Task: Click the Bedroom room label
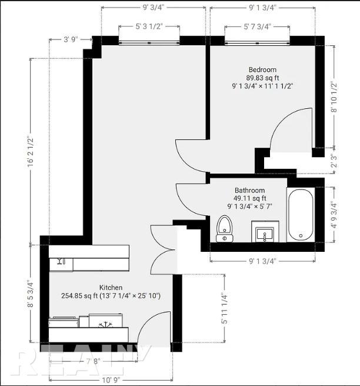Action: [x=262, y=69]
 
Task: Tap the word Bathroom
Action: [x=250, y=190]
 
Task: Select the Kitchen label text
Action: [x=111, y=287]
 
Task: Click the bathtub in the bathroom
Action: [x=301, y=215]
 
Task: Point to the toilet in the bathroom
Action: [x=225, y=229]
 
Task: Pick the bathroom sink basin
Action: [x=265, y=234]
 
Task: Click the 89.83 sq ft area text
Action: [x=262, y=78]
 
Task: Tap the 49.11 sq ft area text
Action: [x=250, y=198]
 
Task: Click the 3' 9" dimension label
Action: [x=71, y=39]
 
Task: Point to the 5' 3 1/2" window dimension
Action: [x=149, y=26]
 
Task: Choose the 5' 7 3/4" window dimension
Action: [x=257, y=26]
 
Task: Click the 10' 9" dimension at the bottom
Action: [x=111, y=380]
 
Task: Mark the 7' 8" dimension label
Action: [x=94, y=361]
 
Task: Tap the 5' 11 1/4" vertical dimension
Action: [x=225, y=308]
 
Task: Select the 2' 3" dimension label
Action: [x=334, y=161]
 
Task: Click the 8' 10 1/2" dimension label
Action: [x=334, y=96]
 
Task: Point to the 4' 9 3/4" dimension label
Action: [x=334, y=214]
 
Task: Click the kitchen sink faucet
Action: [x=59, y=261]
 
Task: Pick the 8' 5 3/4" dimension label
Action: [x=31, y=294]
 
